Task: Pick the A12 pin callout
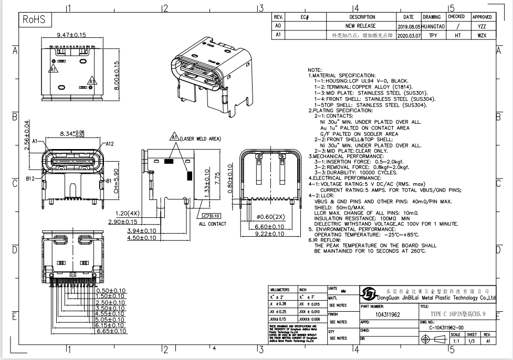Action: tap(110, 143)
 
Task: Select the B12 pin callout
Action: tap(31, 179)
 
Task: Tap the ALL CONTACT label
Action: tap(213, 224)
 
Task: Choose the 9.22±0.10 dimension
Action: tap(269, 234)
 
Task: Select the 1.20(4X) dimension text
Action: tap(127, 214)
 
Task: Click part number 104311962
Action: tap(388, 315)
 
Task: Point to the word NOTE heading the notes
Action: tap(315, 70)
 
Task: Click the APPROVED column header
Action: tap(481, 17)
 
